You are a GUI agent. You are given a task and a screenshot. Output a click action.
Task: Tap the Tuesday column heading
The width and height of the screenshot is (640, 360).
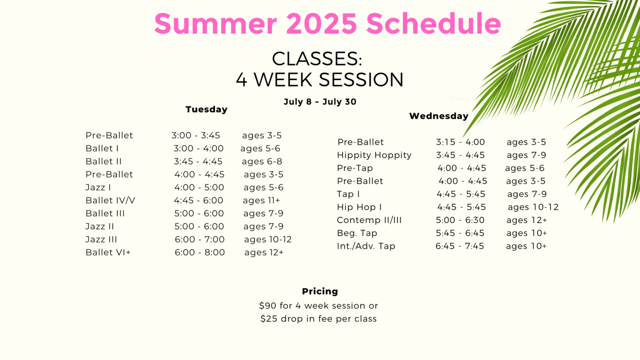click(207, 110)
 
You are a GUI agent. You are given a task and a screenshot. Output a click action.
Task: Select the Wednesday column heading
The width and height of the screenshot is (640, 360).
click(439, 116)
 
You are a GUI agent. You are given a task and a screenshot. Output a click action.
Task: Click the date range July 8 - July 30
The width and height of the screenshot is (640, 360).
click(320, 102)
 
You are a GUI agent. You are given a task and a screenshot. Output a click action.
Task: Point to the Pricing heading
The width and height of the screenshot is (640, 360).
click(320, 291)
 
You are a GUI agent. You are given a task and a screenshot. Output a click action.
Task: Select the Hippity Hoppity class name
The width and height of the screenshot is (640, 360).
click(374, 155)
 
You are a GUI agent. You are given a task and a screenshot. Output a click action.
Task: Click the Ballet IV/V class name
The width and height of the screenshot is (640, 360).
click(110, 200)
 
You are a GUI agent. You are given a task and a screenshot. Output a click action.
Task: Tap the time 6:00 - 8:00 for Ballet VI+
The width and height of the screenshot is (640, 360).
click(200, 252)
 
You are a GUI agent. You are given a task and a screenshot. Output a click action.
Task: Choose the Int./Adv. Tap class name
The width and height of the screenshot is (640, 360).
click(366, 246)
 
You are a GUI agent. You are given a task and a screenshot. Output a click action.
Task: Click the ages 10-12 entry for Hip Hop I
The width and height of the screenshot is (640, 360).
click(533, 207)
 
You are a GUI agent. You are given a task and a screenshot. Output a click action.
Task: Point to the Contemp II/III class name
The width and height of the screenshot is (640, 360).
click(369, 220)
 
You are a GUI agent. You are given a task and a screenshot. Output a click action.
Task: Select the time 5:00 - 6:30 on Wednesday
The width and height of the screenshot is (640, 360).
click(460, 220)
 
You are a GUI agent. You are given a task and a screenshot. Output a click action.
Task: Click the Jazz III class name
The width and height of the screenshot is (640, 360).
click(101, 240)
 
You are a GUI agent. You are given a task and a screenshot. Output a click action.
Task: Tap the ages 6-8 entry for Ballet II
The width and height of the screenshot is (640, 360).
click(262, 162)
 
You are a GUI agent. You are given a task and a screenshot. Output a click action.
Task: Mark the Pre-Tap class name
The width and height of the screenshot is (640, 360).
click(355, 168)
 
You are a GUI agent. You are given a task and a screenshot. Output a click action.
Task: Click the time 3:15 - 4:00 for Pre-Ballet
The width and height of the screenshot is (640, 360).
click(460, 142)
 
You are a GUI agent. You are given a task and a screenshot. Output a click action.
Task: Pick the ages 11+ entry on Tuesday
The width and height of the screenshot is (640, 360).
click(261, 200)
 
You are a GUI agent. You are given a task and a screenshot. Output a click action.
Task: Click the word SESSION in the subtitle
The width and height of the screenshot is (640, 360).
click(361, 80)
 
